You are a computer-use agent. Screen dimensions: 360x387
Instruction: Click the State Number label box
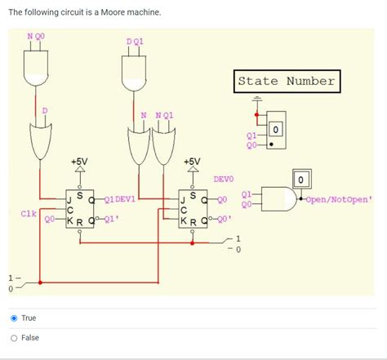(x=286, y=81)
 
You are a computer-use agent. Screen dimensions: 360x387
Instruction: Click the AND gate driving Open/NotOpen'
(x=280, y=198)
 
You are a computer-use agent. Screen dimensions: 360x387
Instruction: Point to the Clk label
(x=28, y=213)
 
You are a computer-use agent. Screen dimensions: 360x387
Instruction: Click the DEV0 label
(x=224, y=178)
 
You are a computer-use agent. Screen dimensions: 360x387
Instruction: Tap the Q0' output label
(x=225, y=220)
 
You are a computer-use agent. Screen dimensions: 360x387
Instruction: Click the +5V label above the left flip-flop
(x=78, y=162)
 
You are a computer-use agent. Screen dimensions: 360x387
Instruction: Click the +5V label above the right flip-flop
(x=192, y=162)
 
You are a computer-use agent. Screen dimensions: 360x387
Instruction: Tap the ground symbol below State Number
(x=257, y=101)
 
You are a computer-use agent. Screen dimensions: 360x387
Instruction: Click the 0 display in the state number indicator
(x=277, y=130)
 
